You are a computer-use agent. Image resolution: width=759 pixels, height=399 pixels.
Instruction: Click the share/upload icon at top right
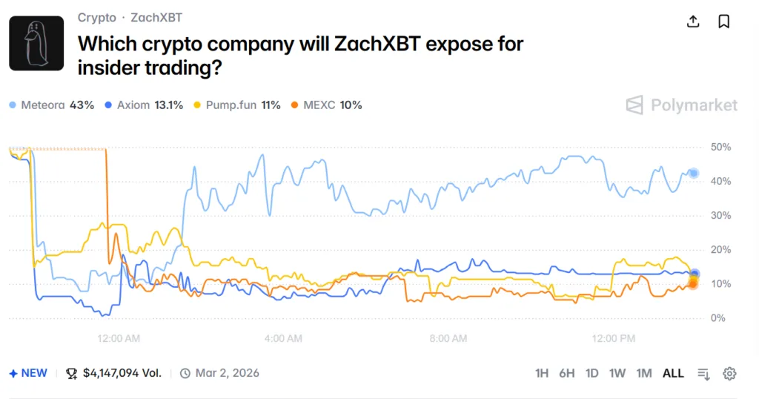click(x=693, y=21)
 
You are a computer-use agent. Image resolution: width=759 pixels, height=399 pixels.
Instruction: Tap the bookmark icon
click(x=724, y=21)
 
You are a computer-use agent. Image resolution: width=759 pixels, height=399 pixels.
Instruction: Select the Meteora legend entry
click(x=52, y=105)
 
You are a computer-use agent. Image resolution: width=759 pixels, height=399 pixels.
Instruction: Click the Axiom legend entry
click(x=145, y=105)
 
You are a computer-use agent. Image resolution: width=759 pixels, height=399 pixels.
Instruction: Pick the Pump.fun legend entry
click(x=237, y=105)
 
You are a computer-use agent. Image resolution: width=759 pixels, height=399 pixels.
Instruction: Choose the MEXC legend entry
click(x=327, y=105)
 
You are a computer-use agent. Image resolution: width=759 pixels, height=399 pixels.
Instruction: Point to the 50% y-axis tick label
click(x=720, y=148)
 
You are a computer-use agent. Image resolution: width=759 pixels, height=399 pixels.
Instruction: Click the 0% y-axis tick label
click(x=717, y=318)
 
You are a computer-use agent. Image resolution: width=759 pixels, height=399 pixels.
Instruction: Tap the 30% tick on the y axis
click(x=720, y=216)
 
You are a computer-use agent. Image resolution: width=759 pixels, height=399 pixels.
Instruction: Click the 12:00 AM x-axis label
click(x=119, y=339)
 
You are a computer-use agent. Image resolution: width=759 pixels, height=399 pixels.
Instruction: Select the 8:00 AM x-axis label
click(x=448, y=339)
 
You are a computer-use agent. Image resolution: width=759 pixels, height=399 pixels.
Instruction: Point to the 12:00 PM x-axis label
click(x=614, y=339)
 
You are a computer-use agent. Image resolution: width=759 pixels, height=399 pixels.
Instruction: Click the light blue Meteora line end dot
click(x=694, y=174)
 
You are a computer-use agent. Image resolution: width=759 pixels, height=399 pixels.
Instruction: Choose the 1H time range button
click(x=542, y=373)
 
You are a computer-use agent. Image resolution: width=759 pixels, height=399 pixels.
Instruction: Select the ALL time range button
click(x=673, y=373)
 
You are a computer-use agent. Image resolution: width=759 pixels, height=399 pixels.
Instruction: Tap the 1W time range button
click(x=617, y=373)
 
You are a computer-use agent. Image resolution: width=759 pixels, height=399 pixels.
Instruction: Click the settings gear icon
click(x=729, y=373)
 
